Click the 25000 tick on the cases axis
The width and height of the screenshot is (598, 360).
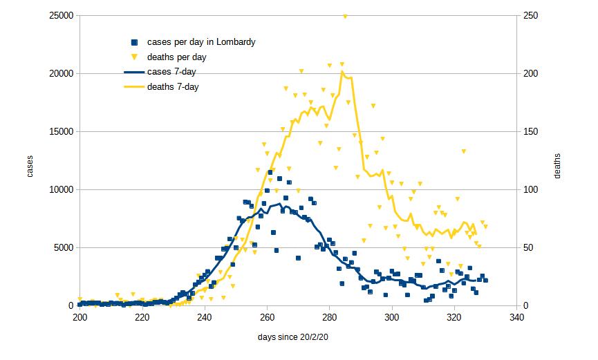point(61,16)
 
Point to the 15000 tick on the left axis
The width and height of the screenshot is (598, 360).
point(61,131)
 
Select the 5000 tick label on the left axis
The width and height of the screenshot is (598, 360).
point(63,247)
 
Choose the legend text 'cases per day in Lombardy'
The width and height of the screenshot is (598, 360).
point(201,42)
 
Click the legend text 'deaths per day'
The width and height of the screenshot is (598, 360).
point(177,57)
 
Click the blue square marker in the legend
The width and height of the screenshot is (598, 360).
point(135,42)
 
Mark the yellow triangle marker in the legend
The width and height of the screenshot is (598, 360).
point(135,57)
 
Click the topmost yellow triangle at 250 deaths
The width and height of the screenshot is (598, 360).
point(345,16)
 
